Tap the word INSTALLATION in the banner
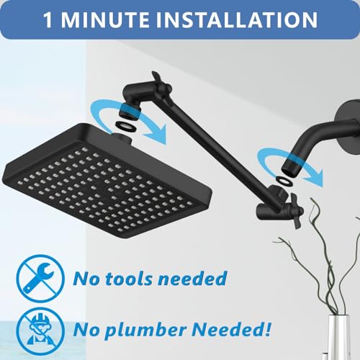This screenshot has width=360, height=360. (x=237, y=19)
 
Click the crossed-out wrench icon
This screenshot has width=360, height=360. (x=40, y=279)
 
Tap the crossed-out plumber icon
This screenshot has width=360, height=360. (x=40, y=331)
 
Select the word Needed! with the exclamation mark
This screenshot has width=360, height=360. (x=231, y=329)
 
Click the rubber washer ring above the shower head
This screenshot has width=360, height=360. (x=126, y=125)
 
